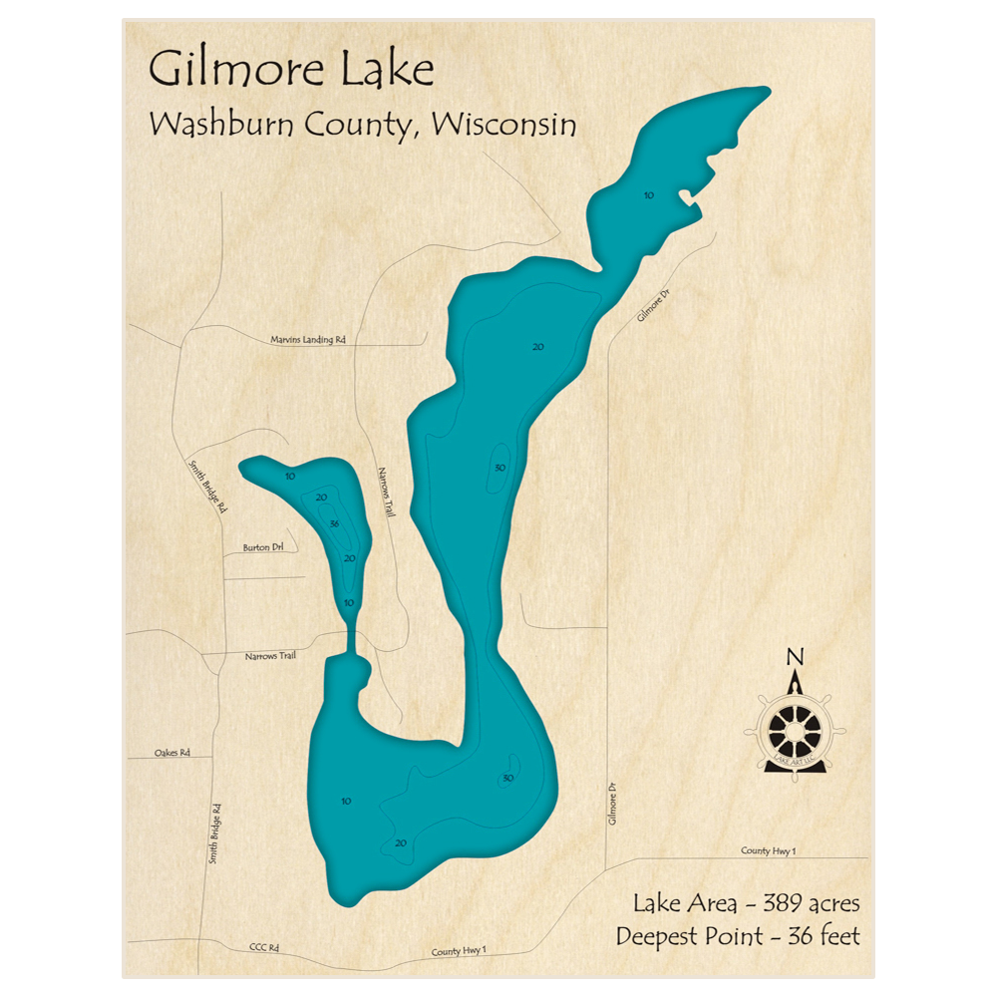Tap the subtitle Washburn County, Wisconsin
point(362,125)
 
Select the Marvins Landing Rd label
point(307,340)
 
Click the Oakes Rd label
point(171,753)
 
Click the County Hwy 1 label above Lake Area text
point(768,850)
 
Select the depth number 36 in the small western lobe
point(334,524)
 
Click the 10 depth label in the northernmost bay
point(648,195)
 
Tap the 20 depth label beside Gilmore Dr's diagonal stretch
point(537,347)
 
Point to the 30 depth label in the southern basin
point(507,779)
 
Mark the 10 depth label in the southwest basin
point(346,801)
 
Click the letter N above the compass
point(795,656)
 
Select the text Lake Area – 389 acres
point(746,903)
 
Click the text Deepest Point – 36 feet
point(737,936)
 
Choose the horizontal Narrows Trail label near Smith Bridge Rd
point(270,656)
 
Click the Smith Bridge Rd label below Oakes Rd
point(213,832)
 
